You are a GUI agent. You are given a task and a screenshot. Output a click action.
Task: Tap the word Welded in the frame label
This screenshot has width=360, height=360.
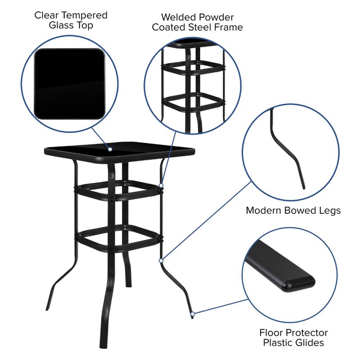[x=179, y=17]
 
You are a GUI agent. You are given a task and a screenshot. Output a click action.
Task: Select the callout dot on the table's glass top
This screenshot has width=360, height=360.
[x=109, y=148]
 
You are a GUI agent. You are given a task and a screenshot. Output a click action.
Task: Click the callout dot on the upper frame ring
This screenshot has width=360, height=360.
[x=161, y=184]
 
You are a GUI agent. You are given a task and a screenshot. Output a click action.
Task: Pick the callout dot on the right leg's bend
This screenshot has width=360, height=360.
[x=160, y=260]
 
